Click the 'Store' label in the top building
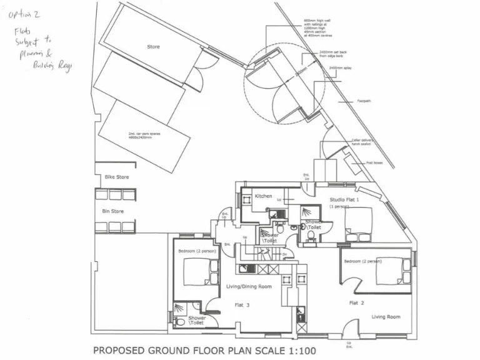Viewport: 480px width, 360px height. pos(153,47)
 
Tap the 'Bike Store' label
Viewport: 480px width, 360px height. pos(117,177)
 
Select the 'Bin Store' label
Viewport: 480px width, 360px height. pos(113,211)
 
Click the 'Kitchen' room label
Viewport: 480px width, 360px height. pos(263,196)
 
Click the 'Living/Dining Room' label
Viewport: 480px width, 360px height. pos(248,286)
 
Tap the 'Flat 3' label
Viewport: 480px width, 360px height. pos(242,305)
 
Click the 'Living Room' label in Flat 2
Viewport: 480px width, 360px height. pos(386,317)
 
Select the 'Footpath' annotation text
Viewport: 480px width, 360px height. pos(364,101)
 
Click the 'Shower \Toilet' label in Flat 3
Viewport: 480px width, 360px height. pos(197,321)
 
